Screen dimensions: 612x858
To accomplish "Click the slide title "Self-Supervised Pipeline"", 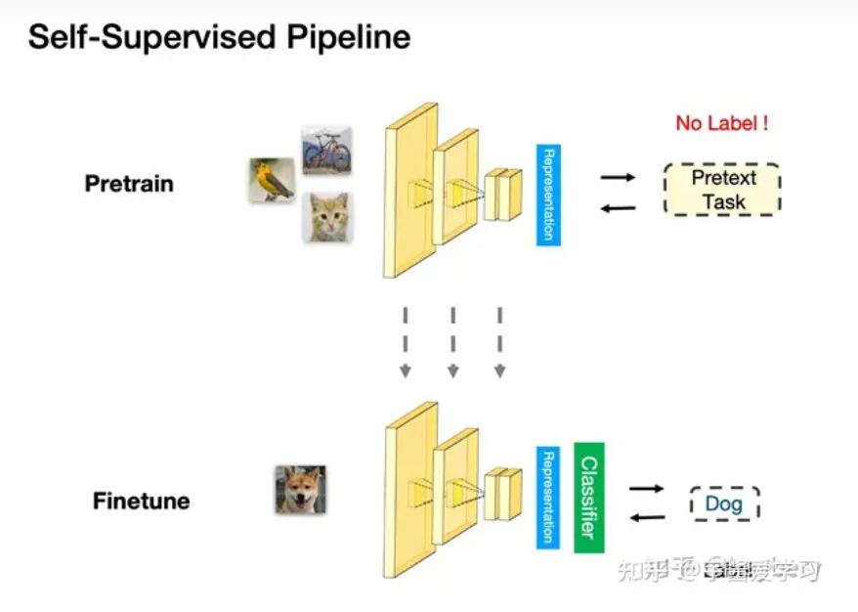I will point(219,38).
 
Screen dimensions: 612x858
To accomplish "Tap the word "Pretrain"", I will point(129,184).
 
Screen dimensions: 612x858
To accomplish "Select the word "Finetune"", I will point(142,502).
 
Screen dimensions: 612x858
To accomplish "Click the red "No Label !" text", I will point(721,124).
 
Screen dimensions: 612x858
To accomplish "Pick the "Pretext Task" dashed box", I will point(722,191).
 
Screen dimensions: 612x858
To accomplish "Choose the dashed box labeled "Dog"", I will point(724,504).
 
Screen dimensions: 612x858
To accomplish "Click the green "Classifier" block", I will point(589,497).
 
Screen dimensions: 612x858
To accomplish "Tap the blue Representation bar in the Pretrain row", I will point(548,194).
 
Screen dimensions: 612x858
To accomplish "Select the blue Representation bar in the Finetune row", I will point(548,497).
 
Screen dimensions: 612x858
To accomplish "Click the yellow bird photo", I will point(271,180).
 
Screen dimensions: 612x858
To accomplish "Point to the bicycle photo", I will point(326,150).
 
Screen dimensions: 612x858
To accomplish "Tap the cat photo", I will point(327,216).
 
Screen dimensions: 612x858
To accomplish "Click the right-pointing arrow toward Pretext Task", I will point(618,177).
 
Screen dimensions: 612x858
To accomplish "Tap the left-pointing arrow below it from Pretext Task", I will point(618,207).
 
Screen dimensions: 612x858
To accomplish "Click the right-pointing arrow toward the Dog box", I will point(647,488).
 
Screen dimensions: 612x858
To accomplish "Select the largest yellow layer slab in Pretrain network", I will point(401,196).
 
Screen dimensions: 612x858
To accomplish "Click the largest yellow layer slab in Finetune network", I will point(401,499).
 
